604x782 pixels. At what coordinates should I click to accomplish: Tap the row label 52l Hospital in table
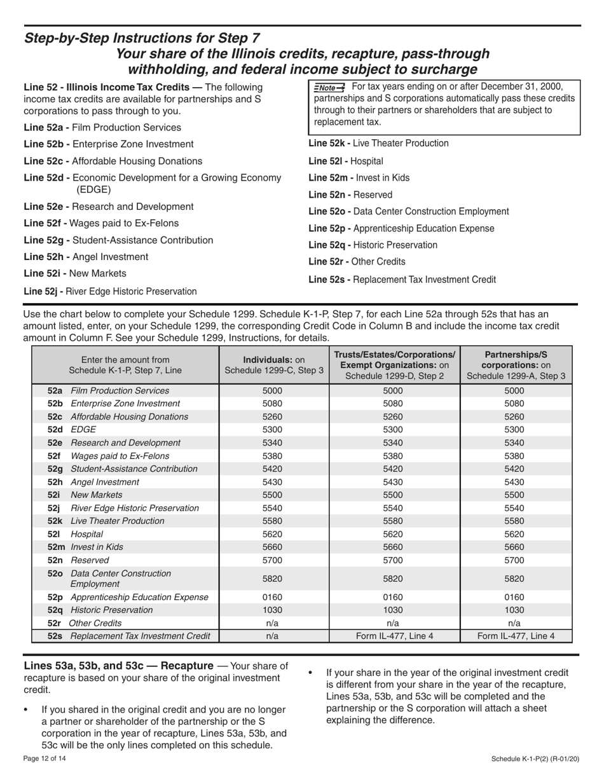pyautogui.click(x=70, y=534)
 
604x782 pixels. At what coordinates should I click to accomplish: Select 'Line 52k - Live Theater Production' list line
pyautogui.click(x=378, y=144)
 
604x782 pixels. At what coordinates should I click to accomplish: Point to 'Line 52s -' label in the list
pyautogui.click(x=329, y=279)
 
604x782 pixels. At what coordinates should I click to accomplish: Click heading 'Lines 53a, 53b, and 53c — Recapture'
pyautogui.click(x=118, y=666)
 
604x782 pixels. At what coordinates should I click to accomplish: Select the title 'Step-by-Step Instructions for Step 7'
pyautogui.click(x=142, y=38)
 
